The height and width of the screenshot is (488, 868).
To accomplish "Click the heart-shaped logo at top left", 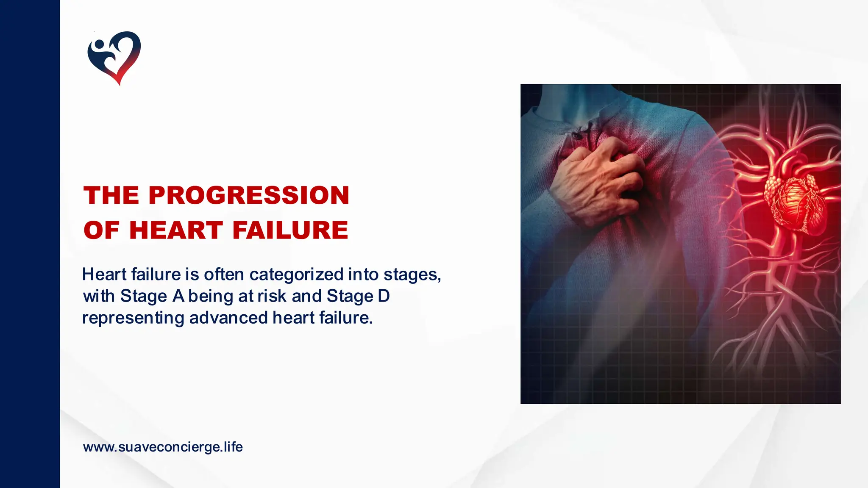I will [x=114, y=57].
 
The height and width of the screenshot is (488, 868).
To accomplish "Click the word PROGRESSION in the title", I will [x=249, y=195].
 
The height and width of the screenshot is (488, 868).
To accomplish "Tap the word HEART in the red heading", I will [x=176, y=230].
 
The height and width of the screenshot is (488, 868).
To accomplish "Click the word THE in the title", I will [x=111, y=195].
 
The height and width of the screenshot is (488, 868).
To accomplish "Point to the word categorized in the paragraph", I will [x=296, y=275].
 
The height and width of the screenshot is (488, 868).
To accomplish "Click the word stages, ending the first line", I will [x=412, y=275].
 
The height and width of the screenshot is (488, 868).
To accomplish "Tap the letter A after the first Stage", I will [x=178, y=296].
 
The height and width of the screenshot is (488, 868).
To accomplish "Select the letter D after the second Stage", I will [x=384, y=296].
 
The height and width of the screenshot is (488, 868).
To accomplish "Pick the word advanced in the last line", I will [x=228, y=318].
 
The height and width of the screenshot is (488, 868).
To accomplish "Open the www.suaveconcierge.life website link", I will [x=163, y=447].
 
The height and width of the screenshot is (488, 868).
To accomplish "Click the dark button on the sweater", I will [x=576, y=135].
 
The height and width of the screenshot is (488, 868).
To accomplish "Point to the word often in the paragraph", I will [x=224, y=274].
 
